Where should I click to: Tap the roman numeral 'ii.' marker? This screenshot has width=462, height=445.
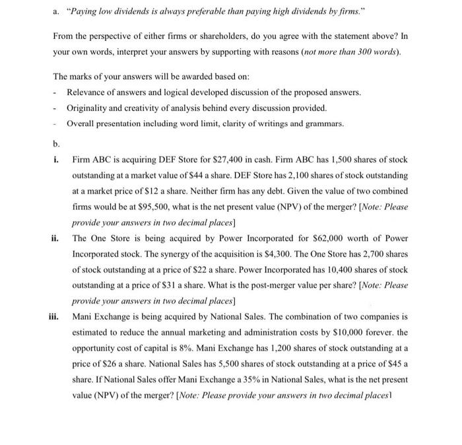click(x=57, y=238)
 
